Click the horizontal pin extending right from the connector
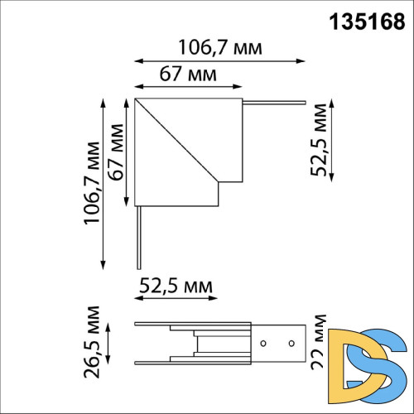coord(273,103)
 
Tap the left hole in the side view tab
coord(263,342)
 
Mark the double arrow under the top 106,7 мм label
coord(219,60)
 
